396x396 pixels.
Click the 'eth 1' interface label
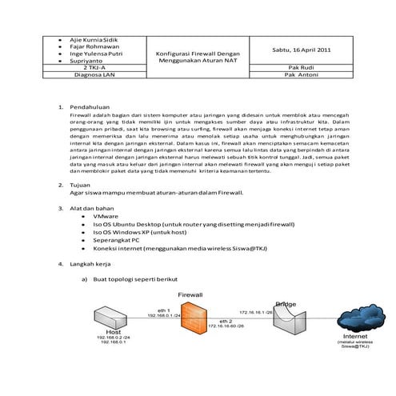[162, 309]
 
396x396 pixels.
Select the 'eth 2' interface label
[223, 319]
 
